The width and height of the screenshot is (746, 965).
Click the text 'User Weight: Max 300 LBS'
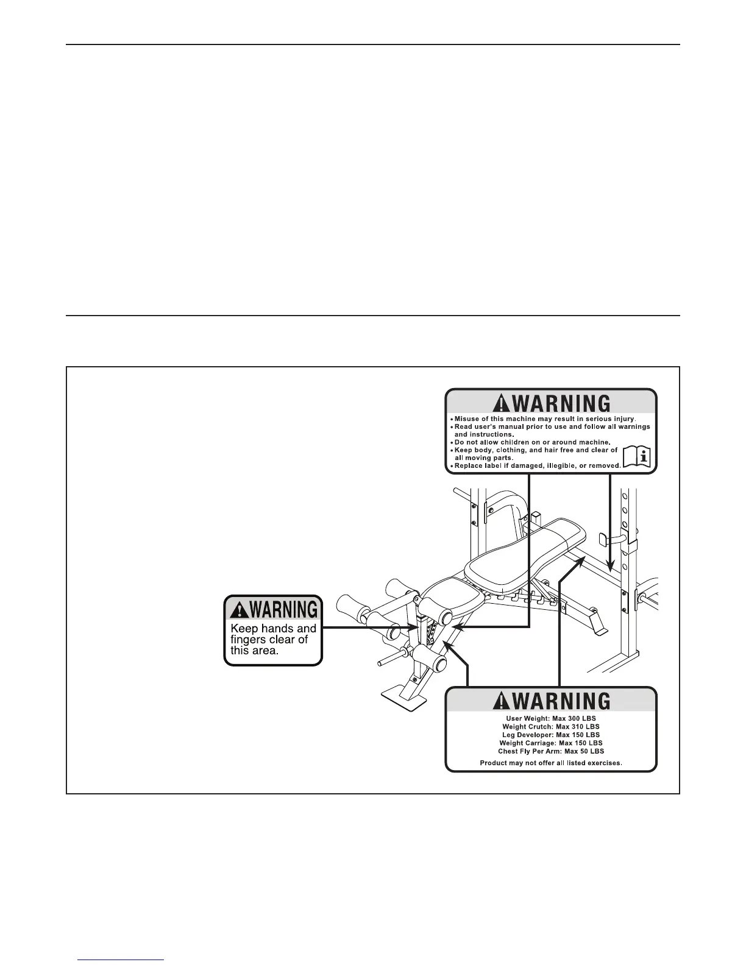551,719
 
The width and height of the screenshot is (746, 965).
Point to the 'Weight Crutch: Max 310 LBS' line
551,727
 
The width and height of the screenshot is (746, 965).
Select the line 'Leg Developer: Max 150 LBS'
551,735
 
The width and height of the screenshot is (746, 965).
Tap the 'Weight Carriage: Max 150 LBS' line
551,743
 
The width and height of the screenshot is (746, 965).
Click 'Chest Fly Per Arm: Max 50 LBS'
551,751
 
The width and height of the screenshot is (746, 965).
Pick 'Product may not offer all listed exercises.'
551,763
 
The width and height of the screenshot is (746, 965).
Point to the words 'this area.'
255,650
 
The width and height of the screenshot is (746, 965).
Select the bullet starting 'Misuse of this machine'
545,419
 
